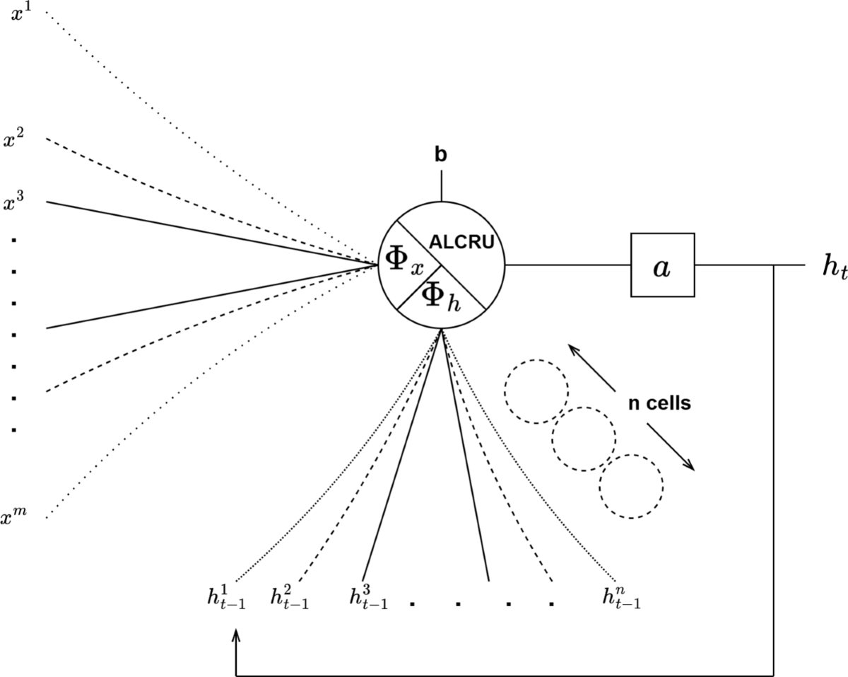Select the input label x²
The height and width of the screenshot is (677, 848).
tap(13, 139)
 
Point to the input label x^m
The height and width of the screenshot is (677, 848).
tap(15, 519)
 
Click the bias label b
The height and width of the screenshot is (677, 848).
tap(441, 156)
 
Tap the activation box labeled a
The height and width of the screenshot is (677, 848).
tap(662, 266)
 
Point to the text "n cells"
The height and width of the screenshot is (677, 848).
tap(659, 404)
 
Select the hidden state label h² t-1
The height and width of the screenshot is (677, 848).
tap(289, 598)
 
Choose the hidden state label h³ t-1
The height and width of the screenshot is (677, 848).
tap(368, 598)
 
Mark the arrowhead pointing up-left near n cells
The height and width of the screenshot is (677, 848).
tap(573, 348)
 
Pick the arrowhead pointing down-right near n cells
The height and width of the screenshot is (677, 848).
tap(689, 465)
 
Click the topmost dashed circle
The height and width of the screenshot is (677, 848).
tap(536, 391)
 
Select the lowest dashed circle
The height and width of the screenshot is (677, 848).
tap(631, 486)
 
